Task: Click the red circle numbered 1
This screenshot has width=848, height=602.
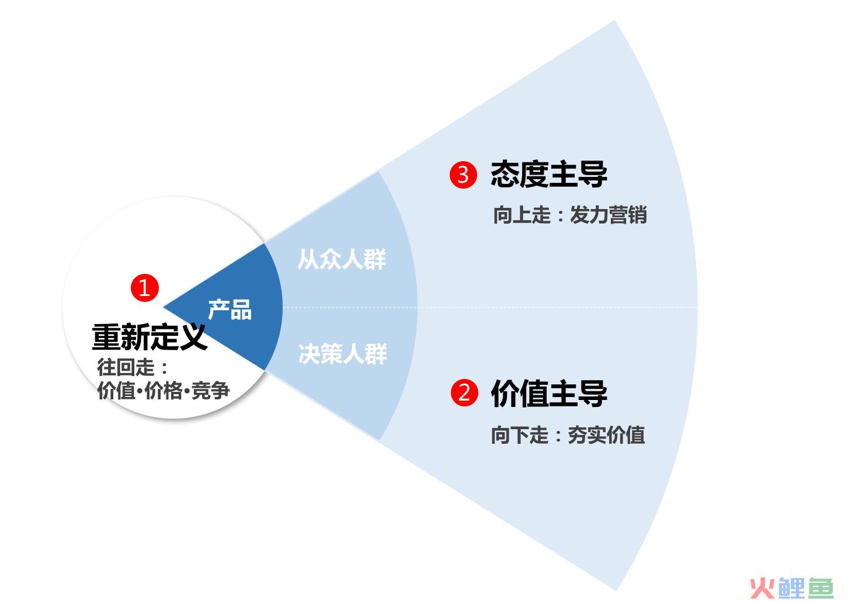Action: click(x=145, y=288)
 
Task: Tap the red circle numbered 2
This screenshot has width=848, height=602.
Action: click(x=464, y=393)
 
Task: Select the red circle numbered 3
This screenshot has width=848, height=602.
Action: click(x=463, y=175)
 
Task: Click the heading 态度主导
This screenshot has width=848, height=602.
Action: click(x=548, y=175)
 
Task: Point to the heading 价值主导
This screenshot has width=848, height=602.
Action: click(x=548, y=393)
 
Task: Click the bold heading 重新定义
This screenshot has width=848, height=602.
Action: click(x=150, y=337)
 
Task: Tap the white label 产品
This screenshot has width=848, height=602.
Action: click(x=230, y=309)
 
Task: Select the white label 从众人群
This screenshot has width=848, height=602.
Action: click(x=342, y=260)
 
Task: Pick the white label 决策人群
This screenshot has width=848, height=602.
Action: click(x=343, y=354)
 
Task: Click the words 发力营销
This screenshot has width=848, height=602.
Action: click(x=609, y=215)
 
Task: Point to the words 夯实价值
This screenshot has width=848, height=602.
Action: click(x=606, y=435)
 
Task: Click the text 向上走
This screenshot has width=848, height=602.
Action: click(x=522, y=215)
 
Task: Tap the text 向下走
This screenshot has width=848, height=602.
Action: click(x=519, y=435)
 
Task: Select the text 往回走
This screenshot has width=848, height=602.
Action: click(x=126, y=367)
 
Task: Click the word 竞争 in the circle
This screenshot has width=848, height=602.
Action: click(x=210, y=391)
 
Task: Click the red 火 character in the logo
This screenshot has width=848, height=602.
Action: click(x=763, y=589)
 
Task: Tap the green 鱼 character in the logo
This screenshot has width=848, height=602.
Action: click(x=821, y=589)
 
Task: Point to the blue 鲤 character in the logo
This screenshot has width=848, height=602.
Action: click(x=791, y=589)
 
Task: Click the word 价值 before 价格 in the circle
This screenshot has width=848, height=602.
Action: click(x=116, y=391)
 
